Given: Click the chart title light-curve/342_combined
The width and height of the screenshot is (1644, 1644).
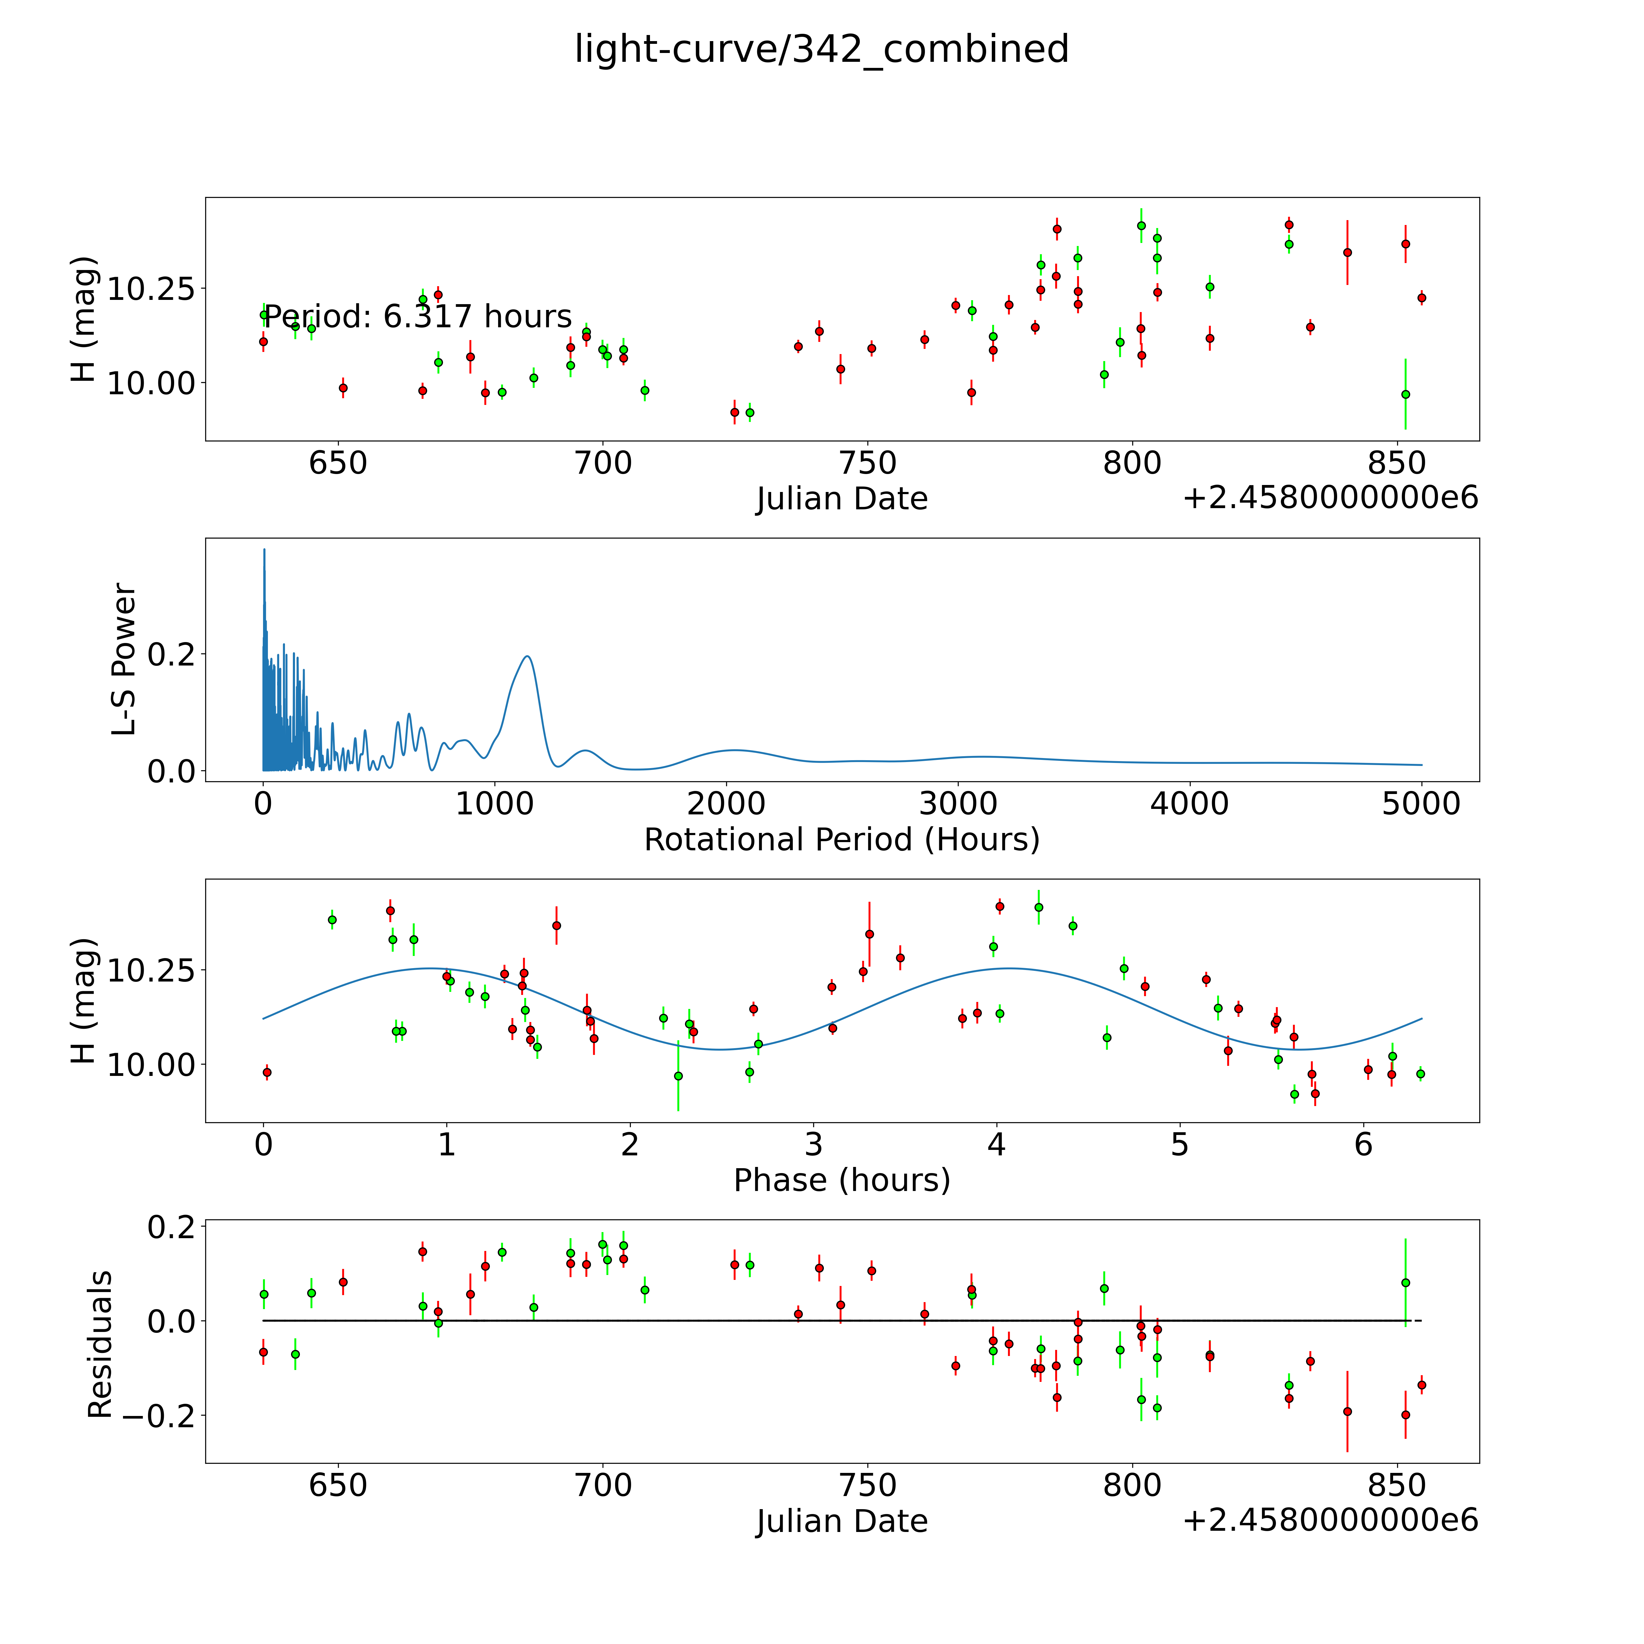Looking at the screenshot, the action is coord(822,49).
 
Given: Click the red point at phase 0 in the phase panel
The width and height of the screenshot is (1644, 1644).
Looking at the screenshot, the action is coord(267,1072).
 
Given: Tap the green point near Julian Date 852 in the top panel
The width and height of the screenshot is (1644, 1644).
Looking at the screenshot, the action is coord(1406,394).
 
